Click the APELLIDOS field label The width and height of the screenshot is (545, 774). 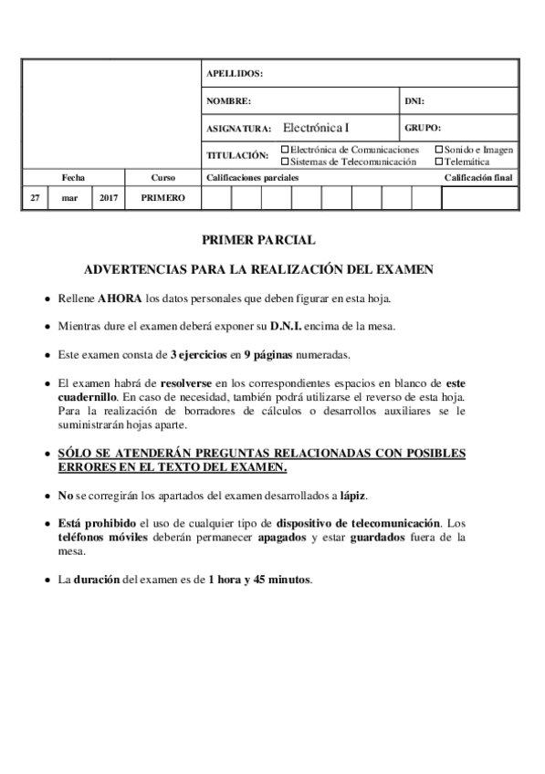pos(235,73)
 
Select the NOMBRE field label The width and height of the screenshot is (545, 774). pos(228,100)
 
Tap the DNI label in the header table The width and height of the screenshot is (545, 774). pos(414,100)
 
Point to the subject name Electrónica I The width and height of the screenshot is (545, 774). pos(316,128)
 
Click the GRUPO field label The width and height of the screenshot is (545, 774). pos(423,128)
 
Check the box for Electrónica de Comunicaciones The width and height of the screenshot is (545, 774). pos(286,149)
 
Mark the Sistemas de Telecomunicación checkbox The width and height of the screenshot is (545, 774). pos(286,161)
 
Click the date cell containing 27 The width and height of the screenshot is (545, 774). pos(34,197)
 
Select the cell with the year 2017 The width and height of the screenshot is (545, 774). pos(108,197)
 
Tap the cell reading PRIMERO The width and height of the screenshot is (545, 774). pos(163,197)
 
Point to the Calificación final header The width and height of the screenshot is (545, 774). pos(478,177)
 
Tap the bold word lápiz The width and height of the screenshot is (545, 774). pos(351,495)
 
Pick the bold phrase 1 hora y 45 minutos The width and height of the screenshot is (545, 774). pos(260,579)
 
